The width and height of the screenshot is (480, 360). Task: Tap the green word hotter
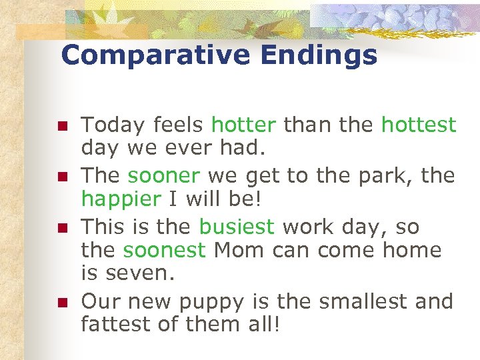[x=243, y=125]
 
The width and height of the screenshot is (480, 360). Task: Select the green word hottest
[x=419, y=125]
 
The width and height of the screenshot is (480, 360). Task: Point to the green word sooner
[x=164, y=176]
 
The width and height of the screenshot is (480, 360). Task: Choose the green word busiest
[x=237, y=227]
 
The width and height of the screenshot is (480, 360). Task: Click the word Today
[x=114, y=125]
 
